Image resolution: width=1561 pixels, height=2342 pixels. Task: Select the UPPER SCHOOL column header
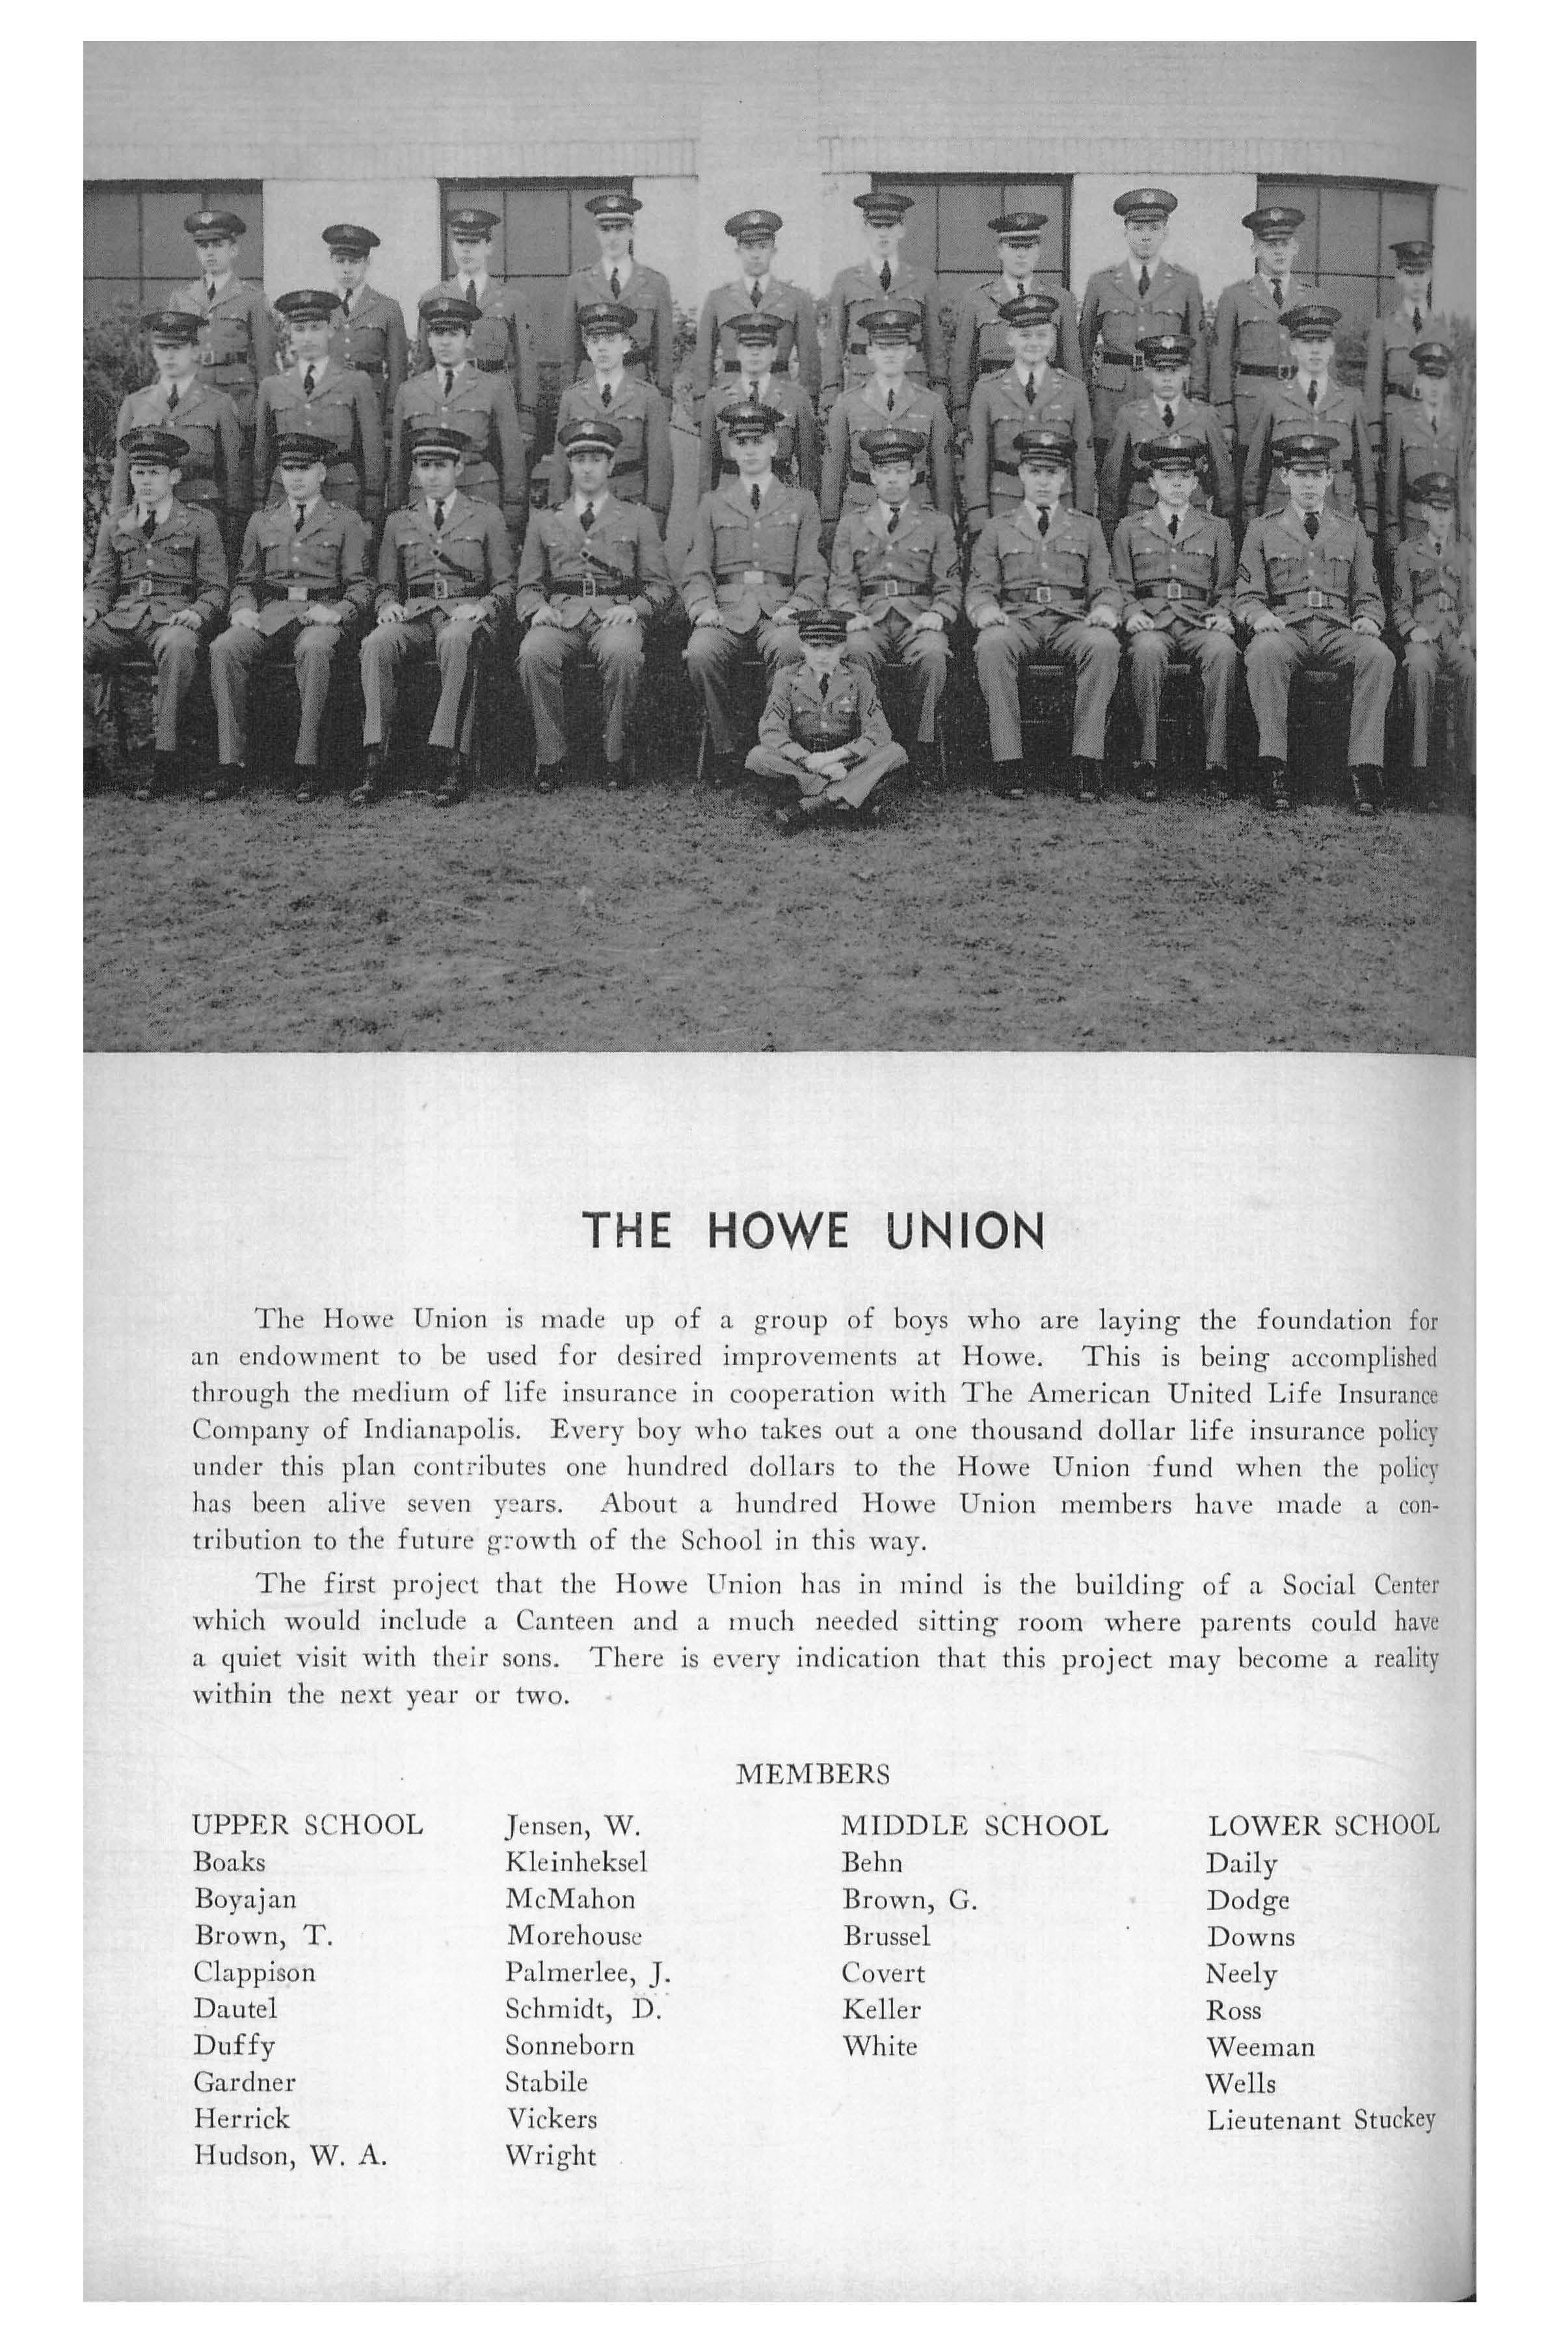pyautogui.click(x=308, y=1825)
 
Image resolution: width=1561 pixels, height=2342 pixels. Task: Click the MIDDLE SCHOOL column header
pyautogui.click(x=974, y=1825)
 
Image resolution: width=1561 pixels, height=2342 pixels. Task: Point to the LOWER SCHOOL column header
pyautogui.click(x=1323, y=1825)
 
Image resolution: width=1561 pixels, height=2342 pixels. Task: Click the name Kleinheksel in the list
pyautogui.click(x=576, y=1862)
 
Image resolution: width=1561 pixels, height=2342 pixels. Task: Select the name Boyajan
pyautogui.click(x=245, y=1899)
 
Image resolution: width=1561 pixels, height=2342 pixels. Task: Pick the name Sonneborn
pyautogui.click(x=570, y=2046)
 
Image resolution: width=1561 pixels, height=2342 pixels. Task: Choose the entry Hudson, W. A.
pyautogui.click(x=289, y=2156)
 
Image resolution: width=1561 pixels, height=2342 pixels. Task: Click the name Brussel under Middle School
pyautogui.click(x=886, y=1936)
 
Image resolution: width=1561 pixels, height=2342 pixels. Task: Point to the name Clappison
pyautogui.click(x=255, y=1972)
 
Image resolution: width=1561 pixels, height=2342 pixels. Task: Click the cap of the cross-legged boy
pyautogui.click(x=824, y=627)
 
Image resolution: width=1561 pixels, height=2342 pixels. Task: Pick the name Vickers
pyautogui.click(x=550, y=2119)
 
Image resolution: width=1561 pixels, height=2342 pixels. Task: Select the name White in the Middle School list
pyautogui.click(x=879, y=2046)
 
